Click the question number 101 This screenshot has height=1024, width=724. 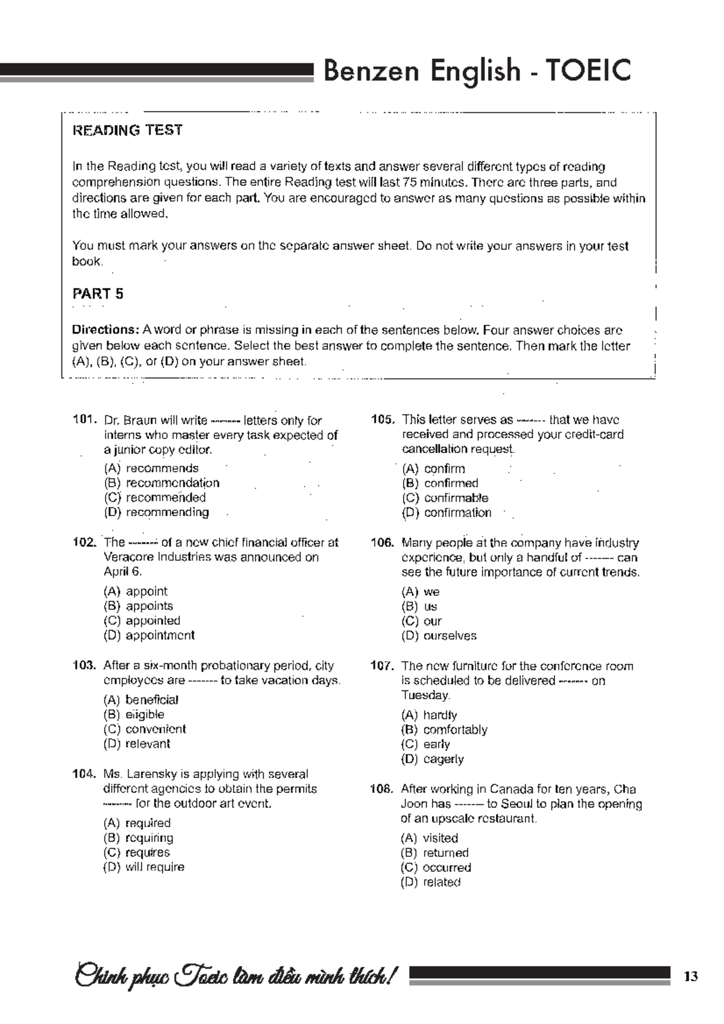pos(84,420)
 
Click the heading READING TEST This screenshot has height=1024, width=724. pos(127,130)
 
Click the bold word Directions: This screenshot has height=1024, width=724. pos(106,330)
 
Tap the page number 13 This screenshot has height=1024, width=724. pos(691,976)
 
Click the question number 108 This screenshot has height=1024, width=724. pos(381,789)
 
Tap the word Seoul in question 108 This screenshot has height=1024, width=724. pos(516,804)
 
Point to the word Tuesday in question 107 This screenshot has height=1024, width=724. pos(425,695)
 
